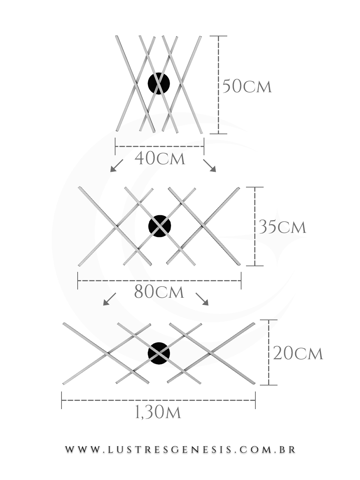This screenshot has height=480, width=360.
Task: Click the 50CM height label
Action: click(x=247, y=87)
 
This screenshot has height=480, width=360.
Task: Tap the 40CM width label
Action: click(x=160, y=159)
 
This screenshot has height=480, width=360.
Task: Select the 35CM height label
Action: click(x=282, y=227)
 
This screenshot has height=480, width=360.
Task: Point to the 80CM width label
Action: click(x=159, y=292)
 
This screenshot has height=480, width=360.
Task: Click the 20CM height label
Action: click(x=298, y=353)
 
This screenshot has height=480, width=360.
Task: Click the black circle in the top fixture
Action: click(x=159, y=83)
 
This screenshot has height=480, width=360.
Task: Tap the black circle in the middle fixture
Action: click(x=160, y=226)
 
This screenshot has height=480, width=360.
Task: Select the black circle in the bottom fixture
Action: click(x=159, y=354)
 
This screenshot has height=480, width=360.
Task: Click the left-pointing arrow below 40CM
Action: click(x=117, y=166)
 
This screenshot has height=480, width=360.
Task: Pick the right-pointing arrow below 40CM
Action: click(x=210, y=165)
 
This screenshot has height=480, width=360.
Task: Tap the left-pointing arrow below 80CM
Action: click(x=109, y=299)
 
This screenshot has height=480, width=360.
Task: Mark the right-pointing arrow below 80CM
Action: click(x=202, y=299)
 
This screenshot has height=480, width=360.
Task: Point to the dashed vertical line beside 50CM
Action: click(x=218, y=85)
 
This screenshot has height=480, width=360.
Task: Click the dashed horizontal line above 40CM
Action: click(x=160, y=146)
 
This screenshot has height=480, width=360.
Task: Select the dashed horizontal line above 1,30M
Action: click(x=159, y=400)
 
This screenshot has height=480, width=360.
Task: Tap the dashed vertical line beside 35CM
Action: click(x=255, y=226)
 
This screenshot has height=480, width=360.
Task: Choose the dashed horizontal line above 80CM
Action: click(x=159, y=280)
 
